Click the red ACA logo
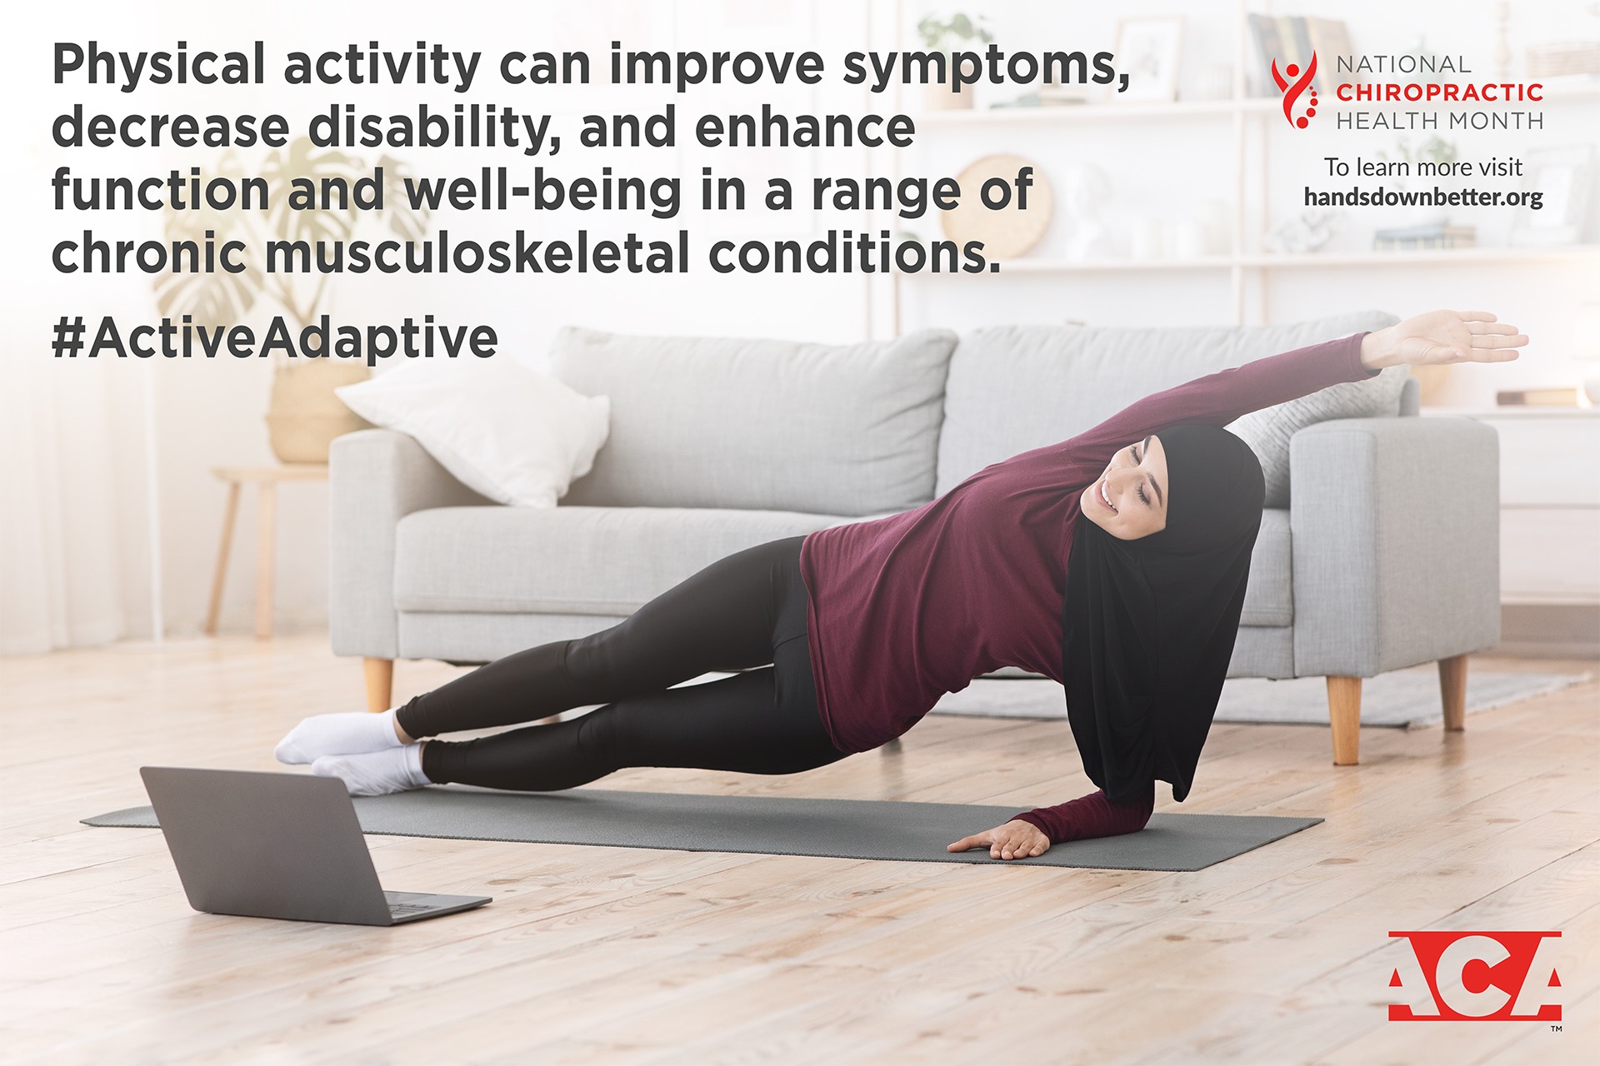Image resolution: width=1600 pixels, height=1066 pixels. pos(1474,975)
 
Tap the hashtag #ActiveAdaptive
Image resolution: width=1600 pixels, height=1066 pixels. pos(275,338)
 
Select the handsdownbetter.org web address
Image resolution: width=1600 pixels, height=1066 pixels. pos(1423,197)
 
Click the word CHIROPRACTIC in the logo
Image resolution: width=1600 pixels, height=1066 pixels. pos(1440,92)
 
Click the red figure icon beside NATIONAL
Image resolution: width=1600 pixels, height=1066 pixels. pos(1294,90)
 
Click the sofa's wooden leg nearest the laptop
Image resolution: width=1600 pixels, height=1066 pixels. pos(377,684)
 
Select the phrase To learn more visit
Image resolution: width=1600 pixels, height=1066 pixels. pos(1423,167)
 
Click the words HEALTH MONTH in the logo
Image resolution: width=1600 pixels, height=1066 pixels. pos(1440,121)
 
